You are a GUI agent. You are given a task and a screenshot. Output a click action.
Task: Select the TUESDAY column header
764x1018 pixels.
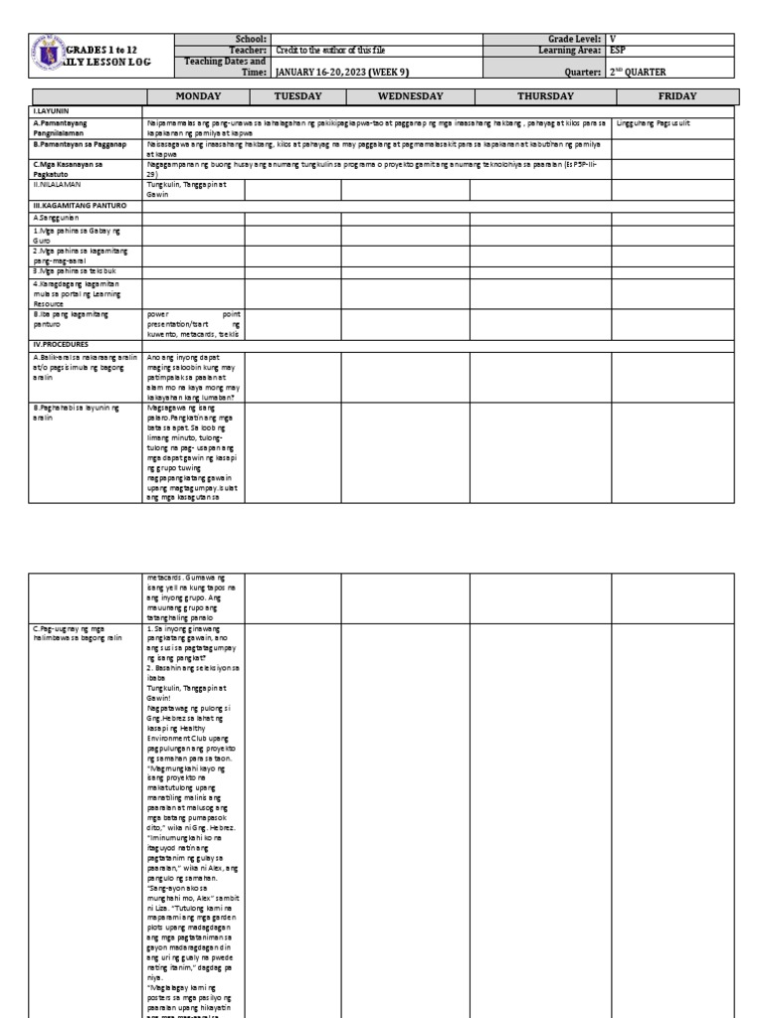point(292,96)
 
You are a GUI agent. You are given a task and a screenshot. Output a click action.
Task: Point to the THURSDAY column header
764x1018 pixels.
point(545,96)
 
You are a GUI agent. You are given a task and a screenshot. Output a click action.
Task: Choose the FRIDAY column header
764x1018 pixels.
point(676,96)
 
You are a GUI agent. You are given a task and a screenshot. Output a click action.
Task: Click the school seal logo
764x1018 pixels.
point(46,54)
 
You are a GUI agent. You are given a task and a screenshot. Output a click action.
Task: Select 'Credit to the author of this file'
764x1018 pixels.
point(332,49)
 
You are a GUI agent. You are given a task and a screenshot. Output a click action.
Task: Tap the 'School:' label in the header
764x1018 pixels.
point(251,38)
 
